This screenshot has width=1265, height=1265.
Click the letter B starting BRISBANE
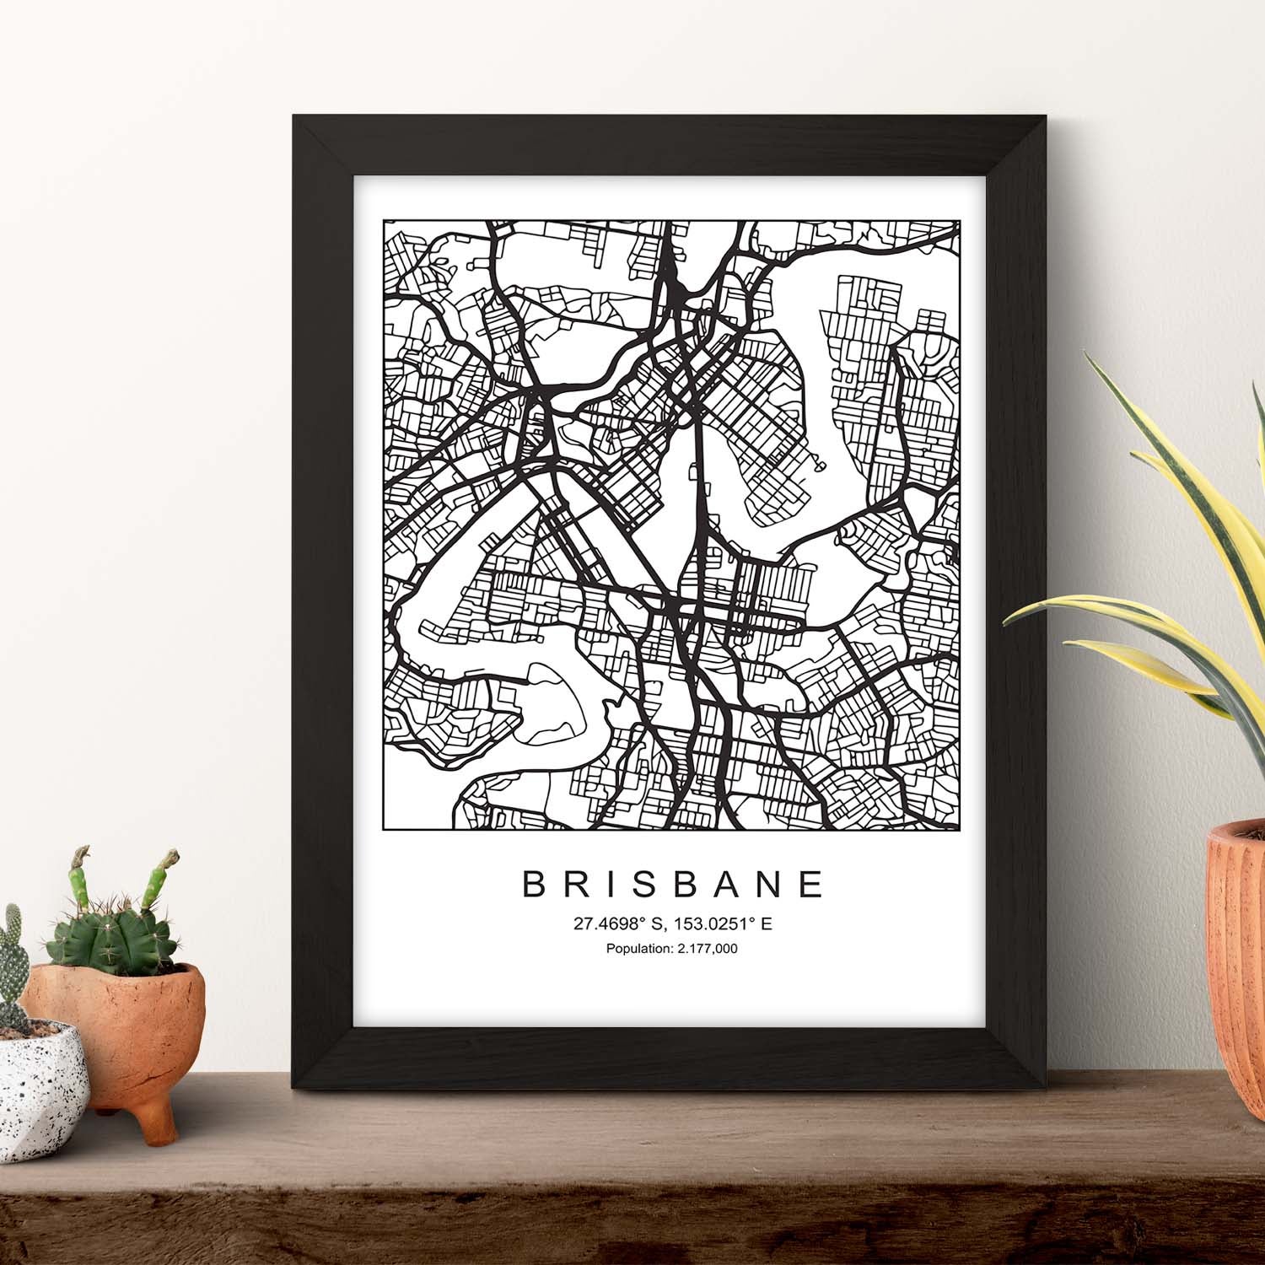[x=536, y=884]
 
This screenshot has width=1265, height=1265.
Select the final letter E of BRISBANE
[x=812, y=884]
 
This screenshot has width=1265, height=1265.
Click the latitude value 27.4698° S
[x=621, y=924]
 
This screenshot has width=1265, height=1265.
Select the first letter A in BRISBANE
[x=726, y=884]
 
